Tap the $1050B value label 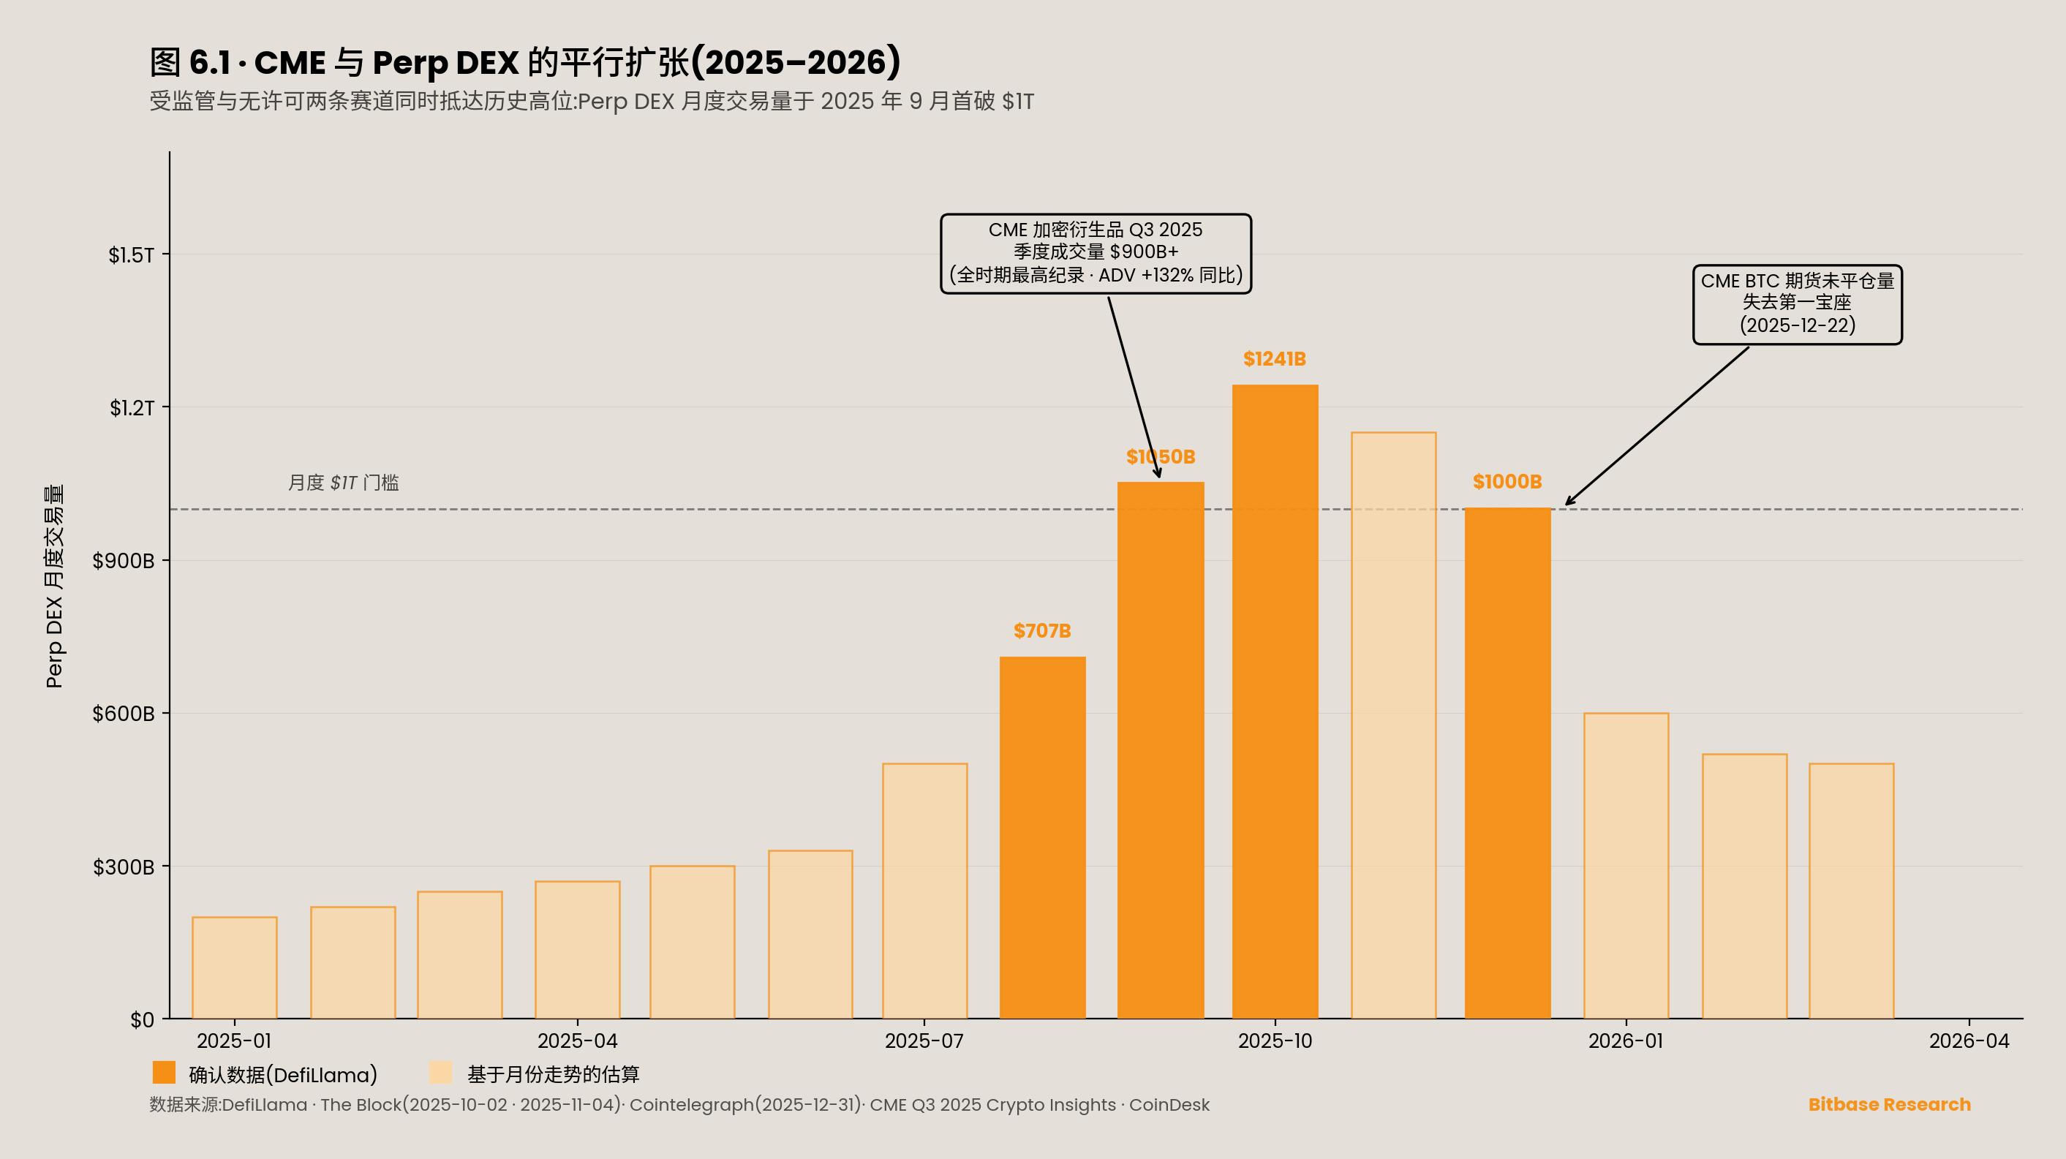pos(1160,457)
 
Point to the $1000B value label pos(1507,482)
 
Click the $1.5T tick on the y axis pos(132,255)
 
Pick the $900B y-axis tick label pos(124,561)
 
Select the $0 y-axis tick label pos(142,1019)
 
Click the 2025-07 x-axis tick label pos(924,1041)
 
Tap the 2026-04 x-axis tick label pos(1968,1041)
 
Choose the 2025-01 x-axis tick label pos(234,1041)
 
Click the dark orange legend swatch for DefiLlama pos(164,1073)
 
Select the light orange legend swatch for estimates pos(440,1073)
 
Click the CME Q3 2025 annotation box pos(1096,254)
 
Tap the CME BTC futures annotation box pos(1797,304)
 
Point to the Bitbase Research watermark pos(1889,1104)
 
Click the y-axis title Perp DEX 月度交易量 pos(53,586)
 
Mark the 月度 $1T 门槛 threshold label pos(343,483)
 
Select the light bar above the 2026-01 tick pos(1626,867)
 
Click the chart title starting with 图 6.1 pos(525,63)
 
